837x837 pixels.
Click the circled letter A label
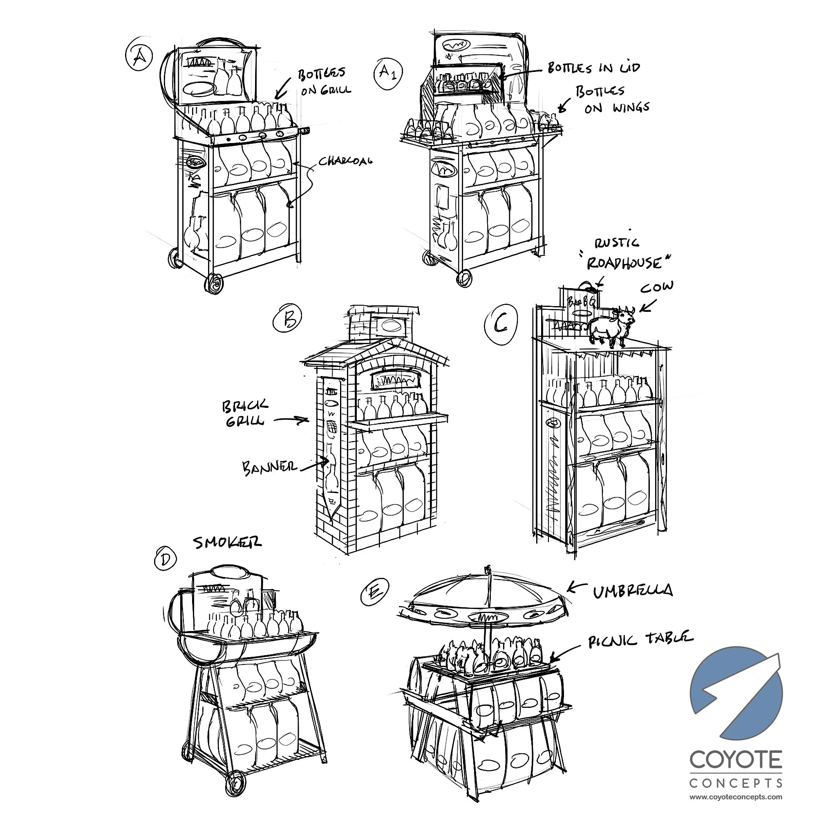(139, 57)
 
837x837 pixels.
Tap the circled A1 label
(388, 73)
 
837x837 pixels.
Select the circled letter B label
(287, 319)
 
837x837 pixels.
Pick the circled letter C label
(501, 325)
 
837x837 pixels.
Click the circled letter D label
(166, 559)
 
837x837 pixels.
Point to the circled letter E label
(375, 592)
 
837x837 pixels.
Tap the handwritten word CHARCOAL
(345, 161)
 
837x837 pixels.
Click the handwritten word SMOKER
(227, 542)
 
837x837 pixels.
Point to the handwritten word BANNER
(269, 468)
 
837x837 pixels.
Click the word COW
(657, 287)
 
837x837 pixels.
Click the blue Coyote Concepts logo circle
(736, 693)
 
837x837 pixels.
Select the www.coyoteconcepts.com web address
(736, 797)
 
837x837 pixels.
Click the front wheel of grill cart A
(214, 283)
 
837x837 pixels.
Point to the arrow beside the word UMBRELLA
(577, 587)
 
